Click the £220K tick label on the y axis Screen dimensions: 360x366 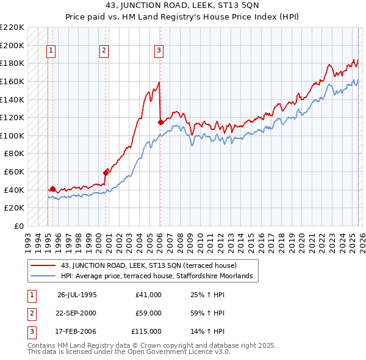(x=12, y=27)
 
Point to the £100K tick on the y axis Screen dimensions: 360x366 (x=12, y=135)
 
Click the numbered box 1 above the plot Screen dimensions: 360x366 (x=51, y=51)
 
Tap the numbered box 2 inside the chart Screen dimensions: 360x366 (x=104, y=51)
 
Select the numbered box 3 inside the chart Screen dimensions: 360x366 (x=159, y=51)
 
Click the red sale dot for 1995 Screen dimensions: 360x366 (x=53, y=189)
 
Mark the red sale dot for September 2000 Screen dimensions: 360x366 (x=106, y=173)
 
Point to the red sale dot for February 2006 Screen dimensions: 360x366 (x=160, y=122)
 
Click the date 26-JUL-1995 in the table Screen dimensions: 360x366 (x=77, y=295)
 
